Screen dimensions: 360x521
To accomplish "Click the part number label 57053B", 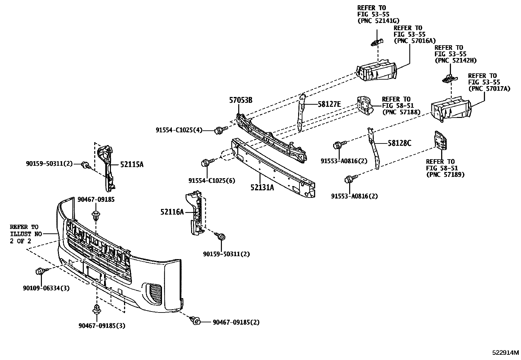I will pos(240,101).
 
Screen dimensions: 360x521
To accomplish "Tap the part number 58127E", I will pos(330,104).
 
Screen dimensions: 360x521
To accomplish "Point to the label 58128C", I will pos(399,143).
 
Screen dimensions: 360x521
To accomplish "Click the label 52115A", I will pos(132,164).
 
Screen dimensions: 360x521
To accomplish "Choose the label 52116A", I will pos(172,212).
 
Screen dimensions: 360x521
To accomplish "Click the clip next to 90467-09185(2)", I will pos(196,321).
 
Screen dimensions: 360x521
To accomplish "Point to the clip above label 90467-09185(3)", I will pos(97,309).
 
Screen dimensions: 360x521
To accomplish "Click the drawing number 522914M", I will pos(506,353).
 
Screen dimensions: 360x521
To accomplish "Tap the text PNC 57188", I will pos(401,112).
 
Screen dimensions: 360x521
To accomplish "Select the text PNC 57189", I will pos(445,175).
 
